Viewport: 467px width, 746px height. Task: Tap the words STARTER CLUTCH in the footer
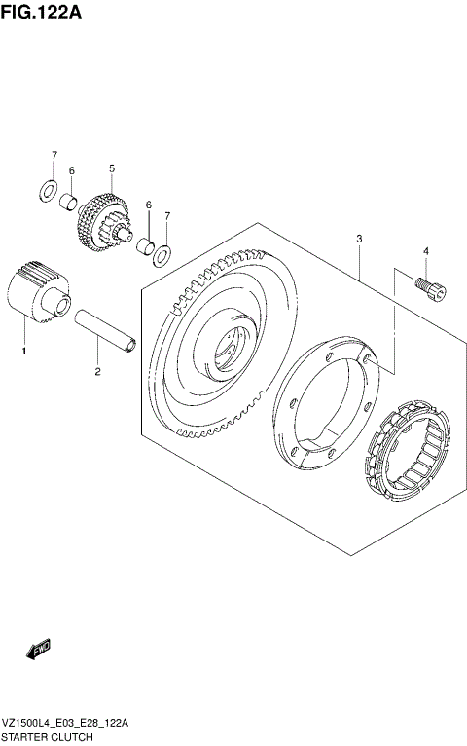pos(48,737)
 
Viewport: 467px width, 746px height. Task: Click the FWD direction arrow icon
pos(40,651)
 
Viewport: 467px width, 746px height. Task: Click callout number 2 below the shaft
pos(97,370)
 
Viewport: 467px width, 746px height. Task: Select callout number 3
pos(359,238)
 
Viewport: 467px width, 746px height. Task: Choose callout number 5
pos(112,168)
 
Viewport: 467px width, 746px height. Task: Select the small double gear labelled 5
pos(102,223)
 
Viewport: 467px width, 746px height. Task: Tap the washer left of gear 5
pos(46,190)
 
